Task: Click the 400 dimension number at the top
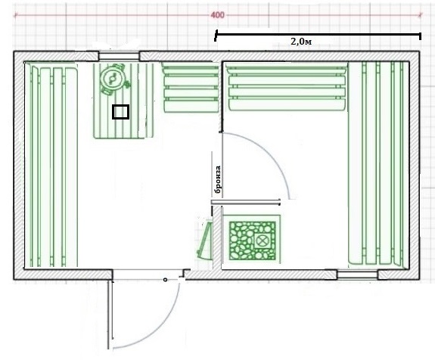[217, 15]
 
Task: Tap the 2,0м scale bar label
[301, 42]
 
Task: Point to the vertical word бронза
[218, 179]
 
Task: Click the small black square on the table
[121, 112]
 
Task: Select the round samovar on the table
[113, 79]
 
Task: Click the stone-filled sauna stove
[252, 241]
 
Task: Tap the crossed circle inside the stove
[261, 241]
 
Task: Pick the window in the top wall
[119, 56]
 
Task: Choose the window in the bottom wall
[357, 275]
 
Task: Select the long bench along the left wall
[51, 165]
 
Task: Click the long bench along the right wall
[378, 163]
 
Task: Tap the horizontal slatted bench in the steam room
[287, 87]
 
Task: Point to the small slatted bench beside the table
[191, 88]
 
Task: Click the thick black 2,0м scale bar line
[318, 34]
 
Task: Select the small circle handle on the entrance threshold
[165, 280]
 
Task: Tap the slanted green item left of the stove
[205, 239]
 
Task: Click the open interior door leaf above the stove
[246, 202]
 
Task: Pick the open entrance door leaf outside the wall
[110, 315]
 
